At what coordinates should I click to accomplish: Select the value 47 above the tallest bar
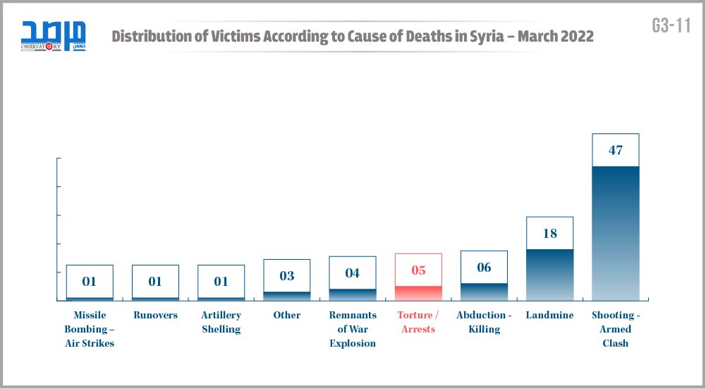(x=615, y=150)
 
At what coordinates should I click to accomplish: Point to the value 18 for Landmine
(x=549, y=234)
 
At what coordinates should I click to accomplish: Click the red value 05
(x=418, y=270)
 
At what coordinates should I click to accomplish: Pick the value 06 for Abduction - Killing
(x=484, y=268)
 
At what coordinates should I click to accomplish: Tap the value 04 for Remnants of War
(x=353, y=273)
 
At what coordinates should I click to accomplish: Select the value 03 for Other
(x=286, y=276)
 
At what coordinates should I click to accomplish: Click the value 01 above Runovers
(x=155, y=282)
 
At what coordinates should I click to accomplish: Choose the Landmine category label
(x=549, y=316)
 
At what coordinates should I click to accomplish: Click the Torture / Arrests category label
(x=418, y=322)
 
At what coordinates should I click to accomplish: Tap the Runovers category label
(x=155, y=316)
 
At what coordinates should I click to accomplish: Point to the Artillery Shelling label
(x=221, y=322)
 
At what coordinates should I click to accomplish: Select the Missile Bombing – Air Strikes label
(x=90, y=329)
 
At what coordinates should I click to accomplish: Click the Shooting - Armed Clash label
(x=615, y=329)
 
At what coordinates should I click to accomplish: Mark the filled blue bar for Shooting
(x=615, y=233)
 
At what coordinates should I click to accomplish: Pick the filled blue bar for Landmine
(x=549, y=275)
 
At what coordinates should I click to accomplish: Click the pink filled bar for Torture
(x=418, y=293)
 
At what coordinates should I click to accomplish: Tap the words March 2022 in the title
(x=555, y=36)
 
